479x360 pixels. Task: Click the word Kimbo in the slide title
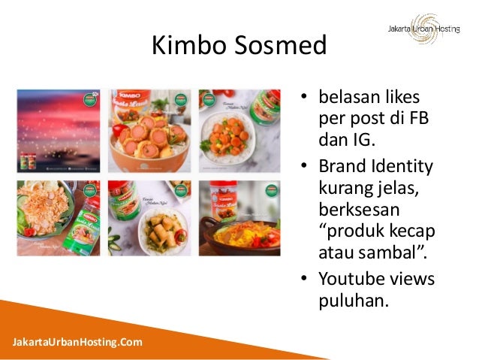185,47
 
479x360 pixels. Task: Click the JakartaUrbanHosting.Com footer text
77,343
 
